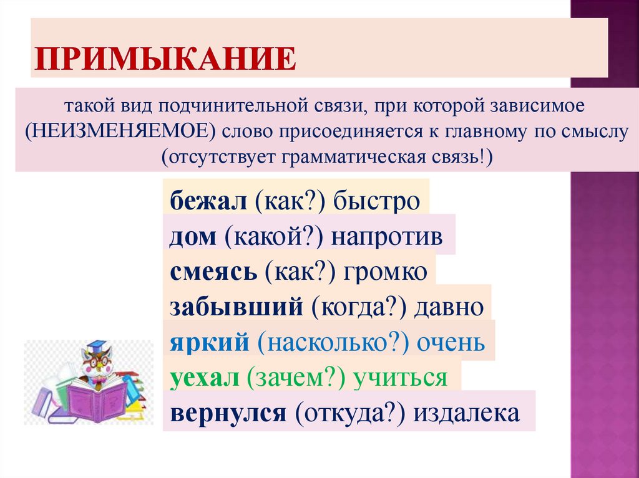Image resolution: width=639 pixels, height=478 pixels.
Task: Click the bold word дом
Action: [x=191, y=238]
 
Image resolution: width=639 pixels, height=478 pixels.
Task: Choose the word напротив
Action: [x=387, y=238]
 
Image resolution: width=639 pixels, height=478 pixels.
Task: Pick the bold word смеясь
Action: [x=212, y=274]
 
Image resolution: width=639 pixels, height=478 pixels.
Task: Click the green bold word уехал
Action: [x=203, y=378]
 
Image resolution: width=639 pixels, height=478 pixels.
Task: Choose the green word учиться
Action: [x=400, y=378]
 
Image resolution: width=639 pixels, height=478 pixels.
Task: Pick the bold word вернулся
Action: [x=227, y=414]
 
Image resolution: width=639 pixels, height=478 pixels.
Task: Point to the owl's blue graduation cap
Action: [x=97, y=345]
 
